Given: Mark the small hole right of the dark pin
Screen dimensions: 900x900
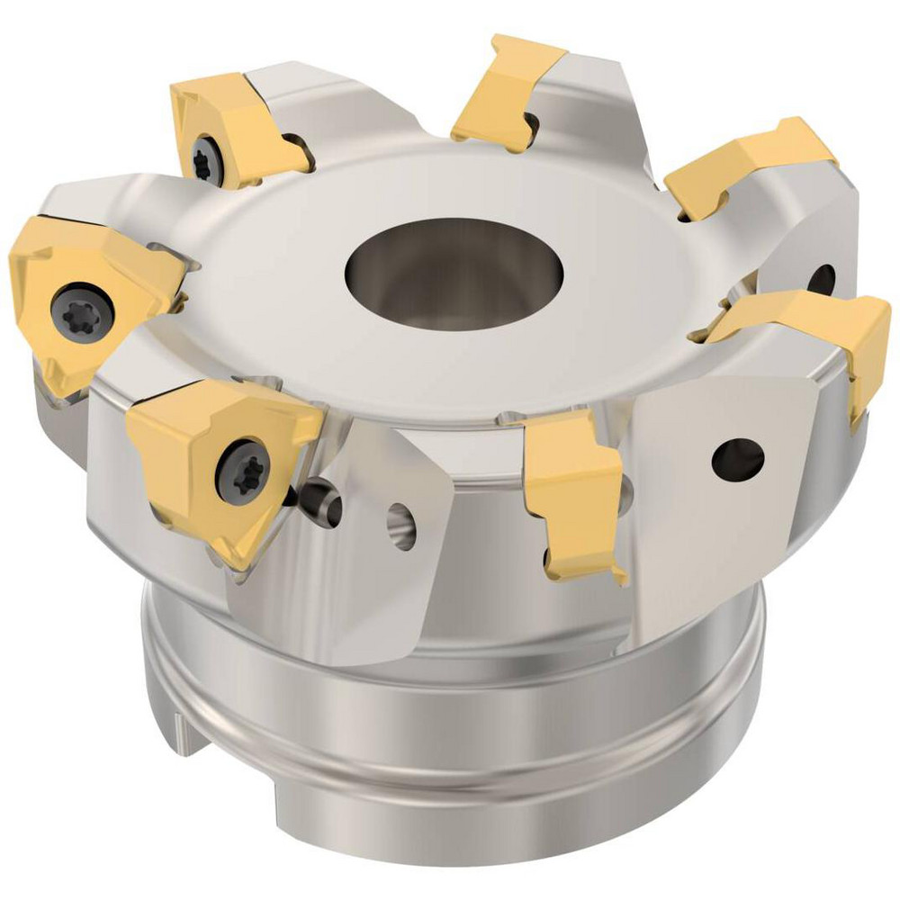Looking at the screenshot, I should pos(401,526).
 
